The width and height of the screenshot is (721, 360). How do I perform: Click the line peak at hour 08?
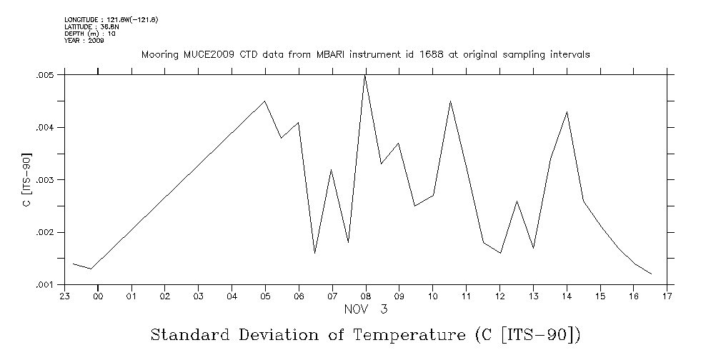coord(365,75)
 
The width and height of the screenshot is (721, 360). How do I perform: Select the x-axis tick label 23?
coord(64,296)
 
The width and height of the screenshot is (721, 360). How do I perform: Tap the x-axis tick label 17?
coord(667,296)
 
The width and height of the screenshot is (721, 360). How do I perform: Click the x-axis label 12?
coord(499,296)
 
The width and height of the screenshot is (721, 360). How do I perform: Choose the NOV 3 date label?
coord(365,309)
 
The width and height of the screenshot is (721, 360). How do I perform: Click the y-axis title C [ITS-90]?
coord(26,179)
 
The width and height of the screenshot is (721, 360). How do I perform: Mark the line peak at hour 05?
coord(265,101)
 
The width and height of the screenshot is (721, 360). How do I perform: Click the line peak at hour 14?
coord(567,112)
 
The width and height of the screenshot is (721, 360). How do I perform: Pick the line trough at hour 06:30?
coord(315,253)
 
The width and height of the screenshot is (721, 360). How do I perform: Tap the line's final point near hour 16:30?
coord(651,274)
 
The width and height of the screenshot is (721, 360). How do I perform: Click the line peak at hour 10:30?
coord(449,101)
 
